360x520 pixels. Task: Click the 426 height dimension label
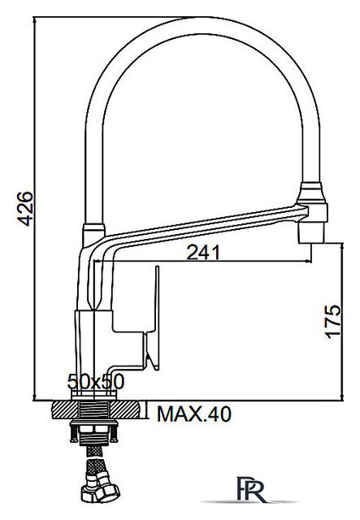pos(24,210)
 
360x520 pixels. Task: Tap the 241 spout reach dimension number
pos(204,253)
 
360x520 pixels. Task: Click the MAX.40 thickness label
pos(193,414)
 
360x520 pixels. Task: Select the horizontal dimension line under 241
pos(211,262)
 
